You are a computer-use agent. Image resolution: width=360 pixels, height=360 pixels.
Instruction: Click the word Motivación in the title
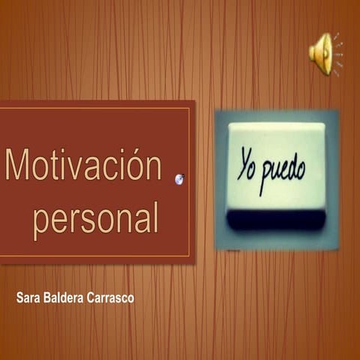pos(83,164)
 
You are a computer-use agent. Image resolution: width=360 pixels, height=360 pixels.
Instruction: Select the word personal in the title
pos(95,217)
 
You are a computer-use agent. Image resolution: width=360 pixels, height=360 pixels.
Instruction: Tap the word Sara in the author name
pos(28,298)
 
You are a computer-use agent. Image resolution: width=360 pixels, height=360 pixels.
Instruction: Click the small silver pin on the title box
pos(179,178)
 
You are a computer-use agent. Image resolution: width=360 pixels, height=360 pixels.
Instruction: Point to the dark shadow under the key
pos(276,219)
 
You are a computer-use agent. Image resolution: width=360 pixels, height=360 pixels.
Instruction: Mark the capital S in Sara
pos(19,298)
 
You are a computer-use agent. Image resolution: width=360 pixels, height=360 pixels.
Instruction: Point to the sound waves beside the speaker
pos(338,54)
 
